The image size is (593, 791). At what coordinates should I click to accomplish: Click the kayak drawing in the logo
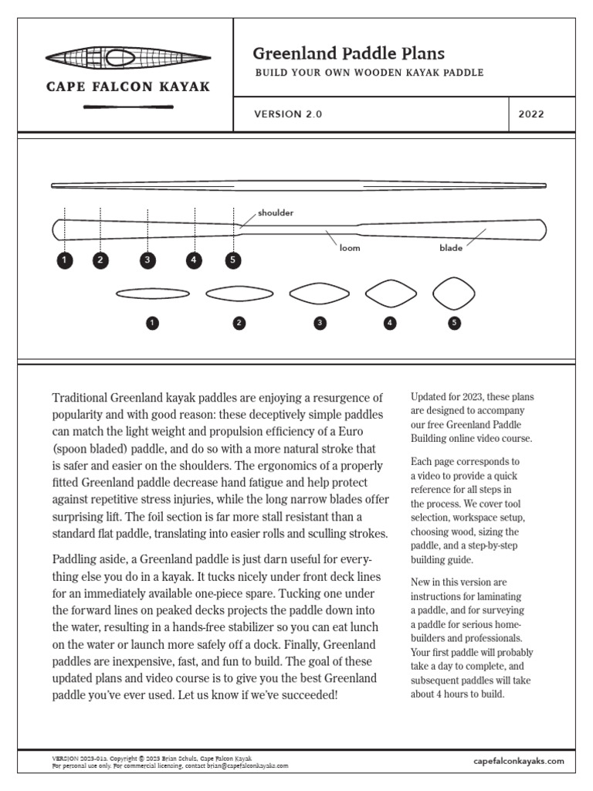(x=127, y=57)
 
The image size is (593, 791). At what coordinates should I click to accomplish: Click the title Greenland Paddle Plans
(x=348, y=53)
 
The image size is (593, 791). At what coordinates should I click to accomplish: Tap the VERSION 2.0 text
(x=288, y=114)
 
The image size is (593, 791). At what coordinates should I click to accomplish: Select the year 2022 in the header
(x=531, y=114)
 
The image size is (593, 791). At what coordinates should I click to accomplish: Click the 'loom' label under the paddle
(x=350, y=248)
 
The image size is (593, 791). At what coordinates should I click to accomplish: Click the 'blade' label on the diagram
(x=451, y=248)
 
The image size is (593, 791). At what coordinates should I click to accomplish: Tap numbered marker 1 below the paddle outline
(x=64, y=260)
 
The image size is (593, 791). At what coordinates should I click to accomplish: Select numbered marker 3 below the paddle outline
(x=147, y=260)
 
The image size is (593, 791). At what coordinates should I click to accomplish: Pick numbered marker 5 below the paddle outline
(x=233, y=260)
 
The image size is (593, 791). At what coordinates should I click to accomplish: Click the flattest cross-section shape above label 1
(x=152, y=294)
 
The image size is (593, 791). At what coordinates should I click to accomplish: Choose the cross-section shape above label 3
(x=319, y=294)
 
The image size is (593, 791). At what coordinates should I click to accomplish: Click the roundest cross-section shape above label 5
(x=453, y=294)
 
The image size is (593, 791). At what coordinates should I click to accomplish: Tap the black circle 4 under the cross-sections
(x=390, y=324)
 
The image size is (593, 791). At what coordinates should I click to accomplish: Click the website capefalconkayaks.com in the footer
(x=518, y=761)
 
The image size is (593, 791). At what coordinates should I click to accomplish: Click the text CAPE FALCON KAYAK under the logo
(x=128, y=87)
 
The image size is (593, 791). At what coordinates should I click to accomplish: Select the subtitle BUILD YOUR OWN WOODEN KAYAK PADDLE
(x=369, y=73)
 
